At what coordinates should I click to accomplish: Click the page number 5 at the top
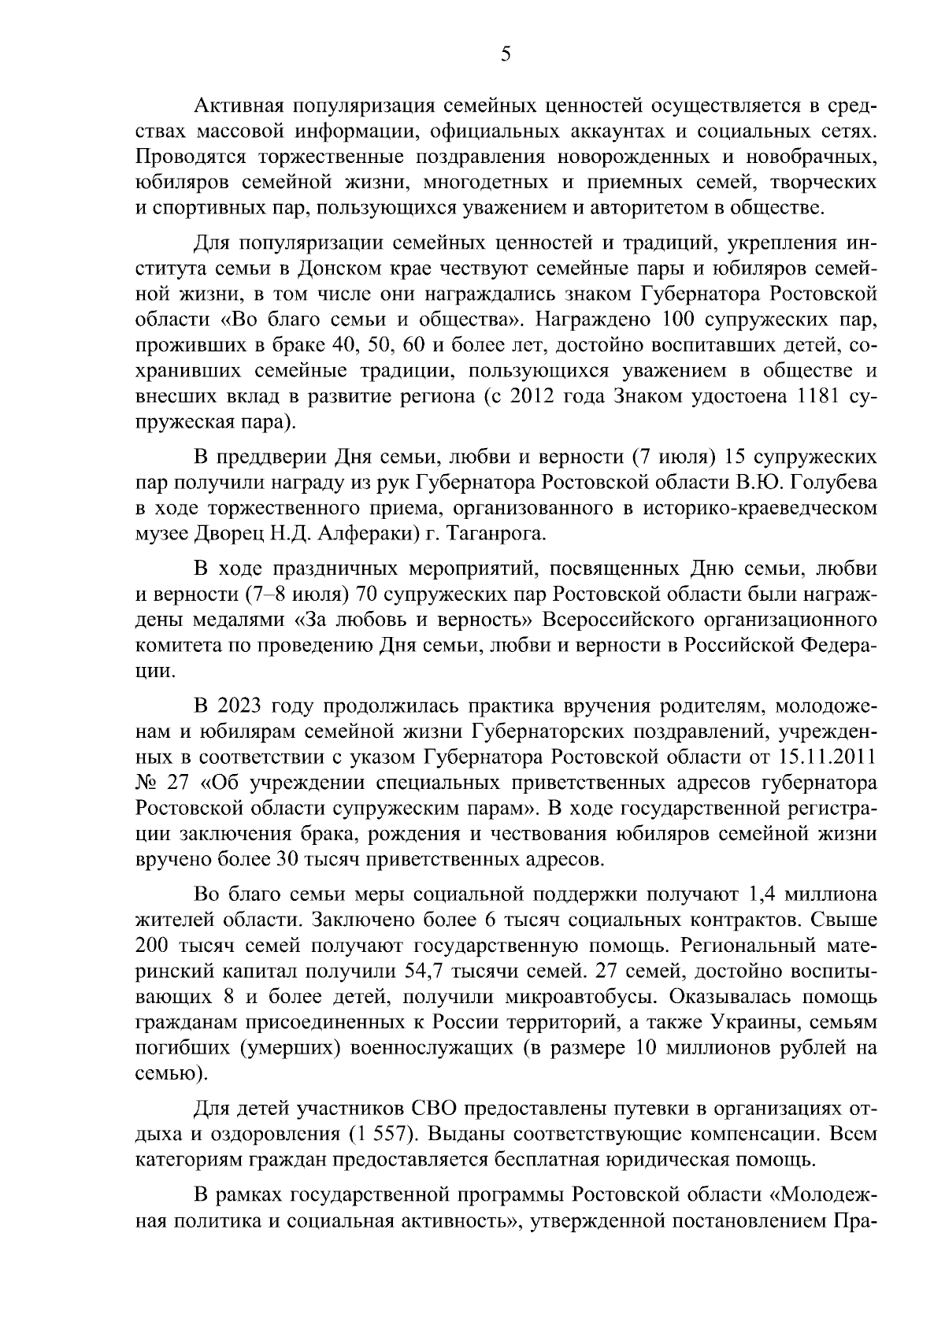click(506, 54)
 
